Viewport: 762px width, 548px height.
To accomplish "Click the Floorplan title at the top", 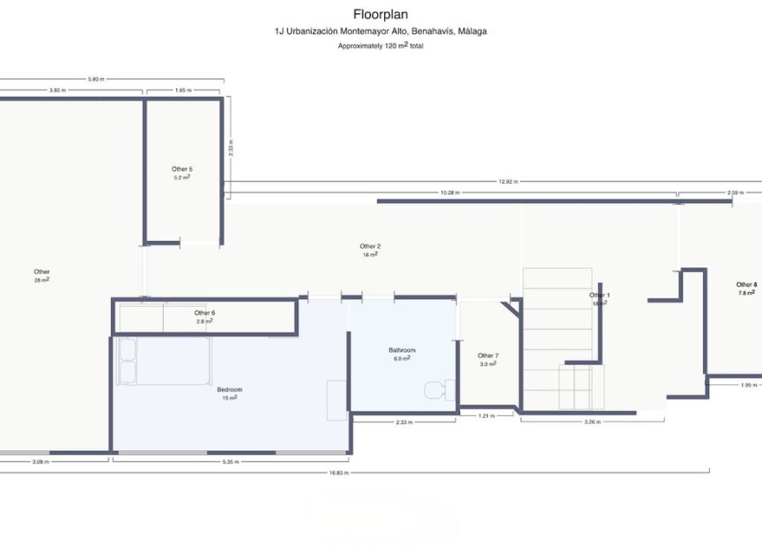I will click(x=381, y=14).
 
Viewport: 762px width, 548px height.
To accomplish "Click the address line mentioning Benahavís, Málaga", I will click(x=381, y=32).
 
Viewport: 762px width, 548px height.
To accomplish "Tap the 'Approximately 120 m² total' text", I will click(x=381, y=46).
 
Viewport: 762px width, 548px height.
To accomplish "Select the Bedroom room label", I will click(x=229, y=392).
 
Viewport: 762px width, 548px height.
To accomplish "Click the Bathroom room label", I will click(x=402, y=353).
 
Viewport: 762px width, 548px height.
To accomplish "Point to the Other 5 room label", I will click(x=182, y=172).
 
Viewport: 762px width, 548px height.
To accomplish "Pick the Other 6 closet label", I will click(x=204, y=316).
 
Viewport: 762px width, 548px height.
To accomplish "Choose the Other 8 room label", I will click(x=746, y=288).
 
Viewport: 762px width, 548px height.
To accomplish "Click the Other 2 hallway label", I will click(x=370, y=249).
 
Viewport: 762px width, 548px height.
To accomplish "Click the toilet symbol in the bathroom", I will click(x=437, y=389).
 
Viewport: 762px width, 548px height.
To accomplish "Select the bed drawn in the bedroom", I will click(x=164, y=361).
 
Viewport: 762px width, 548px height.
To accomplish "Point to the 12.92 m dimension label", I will click(x=508, y=182).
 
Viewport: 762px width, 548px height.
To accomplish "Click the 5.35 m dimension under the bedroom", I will click(x=231, y=461).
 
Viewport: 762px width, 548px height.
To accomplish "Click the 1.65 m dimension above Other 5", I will click(x=183, y=90).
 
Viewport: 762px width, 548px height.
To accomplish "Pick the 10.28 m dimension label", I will click(x=450, y=193).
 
